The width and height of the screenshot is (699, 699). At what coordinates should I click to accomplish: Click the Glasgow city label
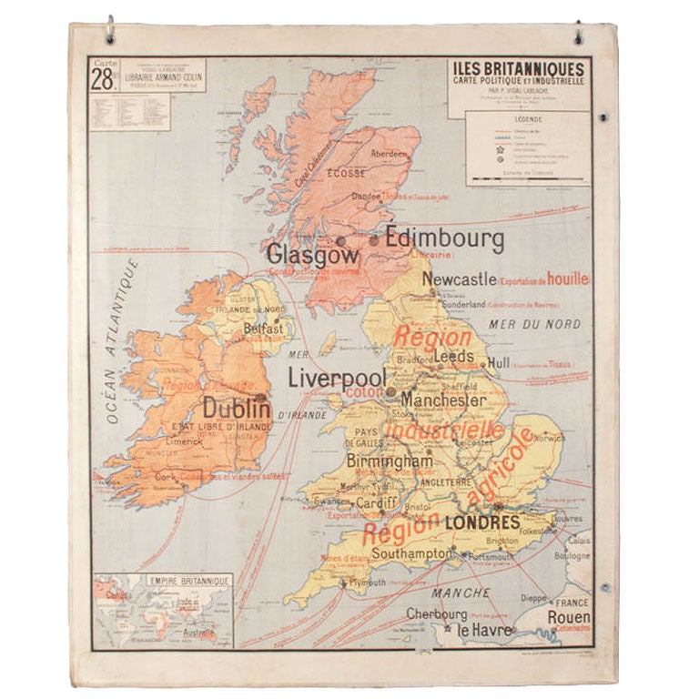tap(300, 254)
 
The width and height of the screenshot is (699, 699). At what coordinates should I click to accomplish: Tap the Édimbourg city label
tap(444, 239)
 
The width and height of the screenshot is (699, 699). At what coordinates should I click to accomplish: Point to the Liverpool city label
tap(337, 378)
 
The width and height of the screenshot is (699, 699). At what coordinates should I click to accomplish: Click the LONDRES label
tap(482, 522)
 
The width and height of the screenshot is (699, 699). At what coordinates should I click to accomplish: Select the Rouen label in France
tap(569, 616)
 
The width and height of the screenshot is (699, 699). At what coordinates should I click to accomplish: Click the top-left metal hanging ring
tap(110, 30)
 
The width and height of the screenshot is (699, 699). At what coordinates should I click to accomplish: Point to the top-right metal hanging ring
tap(578, 32)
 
